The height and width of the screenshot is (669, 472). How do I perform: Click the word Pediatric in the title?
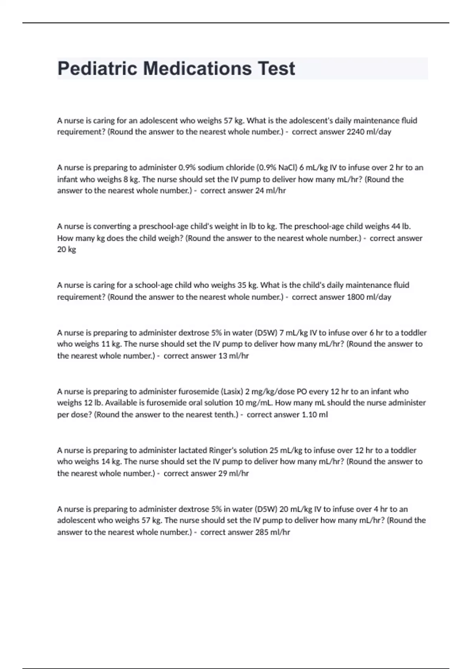click(x=98, y=69)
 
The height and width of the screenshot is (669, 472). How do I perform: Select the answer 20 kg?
click(x=66, y=249)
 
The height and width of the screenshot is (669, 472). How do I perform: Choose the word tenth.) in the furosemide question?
click(x=225, y=415)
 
